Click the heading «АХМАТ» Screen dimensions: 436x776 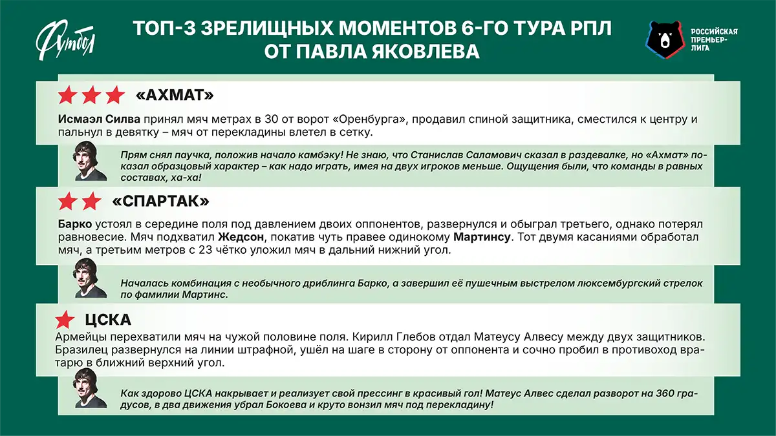(175, 96)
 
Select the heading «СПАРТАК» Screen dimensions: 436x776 (160, 201)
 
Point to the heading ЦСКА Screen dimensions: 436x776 (108, 320)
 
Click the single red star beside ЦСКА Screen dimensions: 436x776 (65, 320)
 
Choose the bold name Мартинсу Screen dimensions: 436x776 (482, 237)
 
